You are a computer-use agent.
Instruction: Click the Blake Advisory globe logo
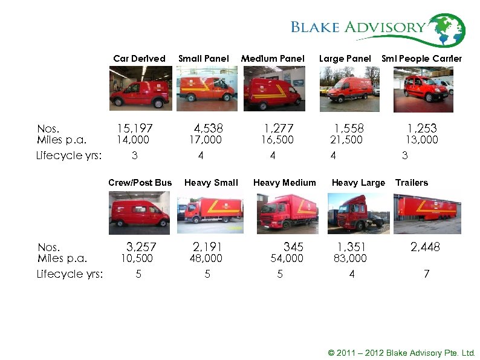point(446,30)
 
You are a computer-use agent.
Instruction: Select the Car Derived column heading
point(139,59)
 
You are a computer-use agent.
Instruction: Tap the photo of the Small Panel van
point(206,88)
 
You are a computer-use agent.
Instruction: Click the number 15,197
point(134,128)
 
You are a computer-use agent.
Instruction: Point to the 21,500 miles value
point(346,140)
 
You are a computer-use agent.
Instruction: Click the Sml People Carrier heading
point(421,59)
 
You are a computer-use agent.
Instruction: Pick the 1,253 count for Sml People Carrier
point(422,128)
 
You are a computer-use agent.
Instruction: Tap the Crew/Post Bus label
point(140,183)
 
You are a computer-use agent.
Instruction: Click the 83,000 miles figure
point(350,258)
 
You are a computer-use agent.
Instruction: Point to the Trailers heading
point(411,183)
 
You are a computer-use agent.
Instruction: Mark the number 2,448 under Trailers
point(425,247)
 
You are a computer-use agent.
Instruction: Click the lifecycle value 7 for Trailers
point(426,274)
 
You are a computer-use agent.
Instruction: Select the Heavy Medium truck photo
point(284,213)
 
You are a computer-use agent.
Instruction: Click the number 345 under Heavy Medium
point(293,247)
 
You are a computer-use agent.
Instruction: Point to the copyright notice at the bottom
point(401,353)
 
